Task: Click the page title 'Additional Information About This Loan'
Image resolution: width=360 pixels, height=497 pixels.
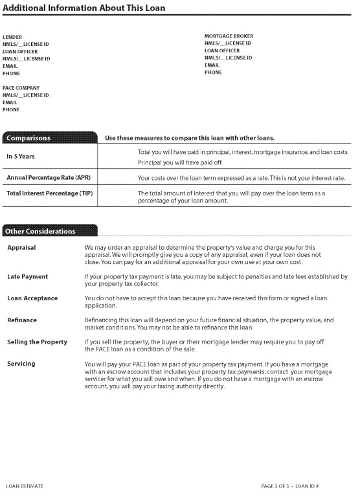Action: click(84, 8)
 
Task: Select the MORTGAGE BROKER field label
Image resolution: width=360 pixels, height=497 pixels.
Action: click(229, 36)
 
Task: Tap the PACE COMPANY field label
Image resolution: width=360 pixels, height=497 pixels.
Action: click(21, 88)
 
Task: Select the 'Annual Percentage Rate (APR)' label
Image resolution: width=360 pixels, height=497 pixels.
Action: click(48, 177)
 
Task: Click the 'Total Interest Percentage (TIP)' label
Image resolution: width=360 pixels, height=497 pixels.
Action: click(51, 193)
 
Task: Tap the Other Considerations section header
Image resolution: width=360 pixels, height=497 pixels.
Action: click(40, 231)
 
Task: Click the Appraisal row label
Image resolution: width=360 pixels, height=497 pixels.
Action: click(21, 247)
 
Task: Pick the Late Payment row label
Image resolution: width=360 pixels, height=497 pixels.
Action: click(27, 276)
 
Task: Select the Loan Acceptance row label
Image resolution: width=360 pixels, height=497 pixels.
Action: click(32, 298)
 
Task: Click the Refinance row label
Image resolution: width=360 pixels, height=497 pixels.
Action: click(22, 320)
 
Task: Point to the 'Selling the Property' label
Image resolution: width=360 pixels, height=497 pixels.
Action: click(37, 342)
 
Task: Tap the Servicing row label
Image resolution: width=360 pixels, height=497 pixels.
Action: click(22, 364)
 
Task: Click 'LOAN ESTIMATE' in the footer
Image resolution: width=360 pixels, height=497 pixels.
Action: click(25, 485)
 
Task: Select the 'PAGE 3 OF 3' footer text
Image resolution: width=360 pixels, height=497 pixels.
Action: click(277, 485)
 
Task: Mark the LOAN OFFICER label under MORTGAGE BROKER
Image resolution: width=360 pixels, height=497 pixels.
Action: click(222, 50)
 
